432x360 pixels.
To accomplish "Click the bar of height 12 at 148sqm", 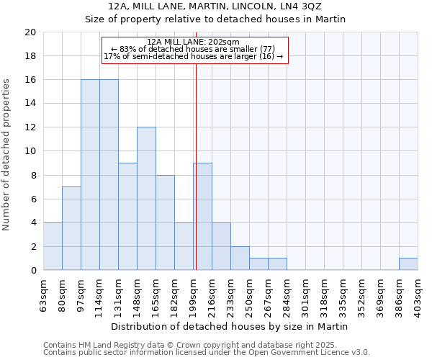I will (146, 199).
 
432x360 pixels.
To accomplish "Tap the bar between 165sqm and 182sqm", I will (165, 222).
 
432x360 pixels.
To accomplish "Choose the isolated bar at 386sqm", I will (408, 264).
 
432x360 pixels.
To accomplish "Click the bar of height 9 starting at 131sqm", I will (127, 217).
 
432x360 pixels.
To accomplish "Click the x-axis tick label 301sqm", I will (306, 294).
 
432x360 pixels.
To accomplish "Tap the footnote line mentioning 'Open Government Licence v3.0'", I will (207, 353).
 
